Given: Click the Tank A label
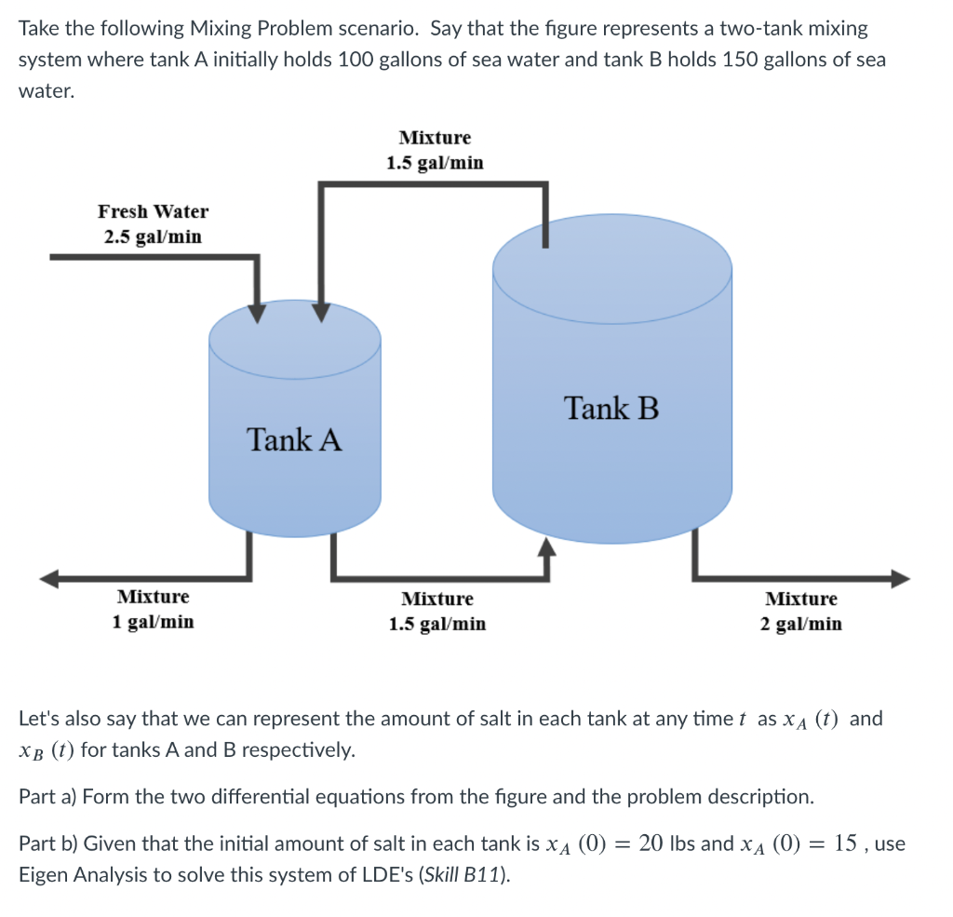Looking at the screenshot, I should (x=294, y=438).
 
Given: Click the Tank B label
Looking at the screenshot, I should (x=611, y=408).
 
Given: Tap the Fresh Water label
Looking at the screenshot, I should (x=153, y=211).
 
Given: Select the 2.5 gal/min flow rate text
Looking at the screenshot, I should (x=153, y=236).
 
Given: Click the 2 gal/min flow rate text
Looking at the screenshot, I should (x=800, y=624).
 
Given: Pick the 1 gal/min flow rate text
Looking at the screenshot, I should (x=153, y=621).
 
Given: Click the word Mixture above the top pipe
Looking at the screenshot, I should (x=435, y=138).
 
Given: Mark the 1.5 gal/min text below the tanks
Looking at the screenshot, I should (x=436, y=624).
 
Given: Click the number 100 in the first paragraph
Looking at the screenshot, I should (x=356, y=60).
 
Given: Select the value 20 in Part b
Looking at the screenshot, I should (x=651, y=844).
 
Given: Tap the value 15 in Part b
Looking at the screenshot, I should (x=849, y=844).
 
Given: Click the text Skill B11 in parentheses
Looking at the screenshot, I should (x=472, y=875).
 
